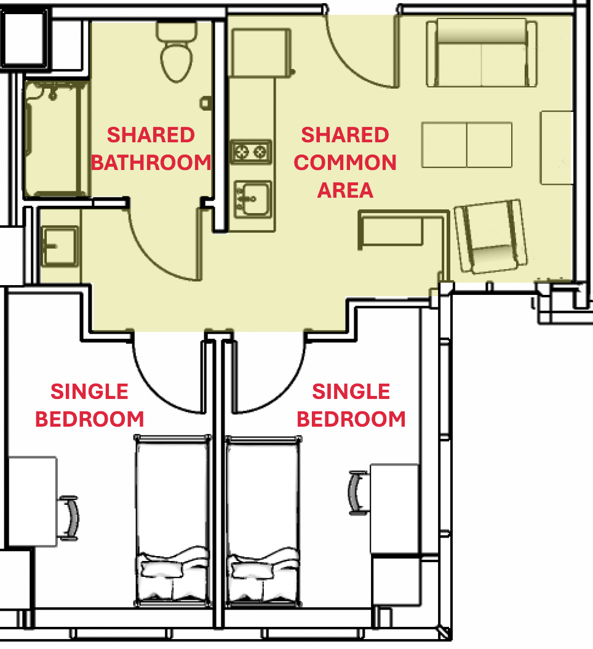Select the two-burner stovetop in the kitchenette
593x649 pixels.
click(x=250, y=151)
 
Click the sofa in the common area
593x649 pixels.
click(x=480, y=54)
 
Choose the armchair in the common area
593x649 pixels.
click(x=491, y=236)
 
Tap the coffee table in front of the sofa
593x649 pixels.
click(x=467, y=145)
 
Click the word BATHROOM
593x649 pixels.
click(x=151, y=163)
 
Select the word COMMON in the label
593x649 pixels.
click(x=345, y=163)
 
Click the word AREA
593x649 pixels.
click(x=345, y=190)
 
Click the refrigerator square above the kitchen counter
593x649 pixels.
click(x=260, y=54)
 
